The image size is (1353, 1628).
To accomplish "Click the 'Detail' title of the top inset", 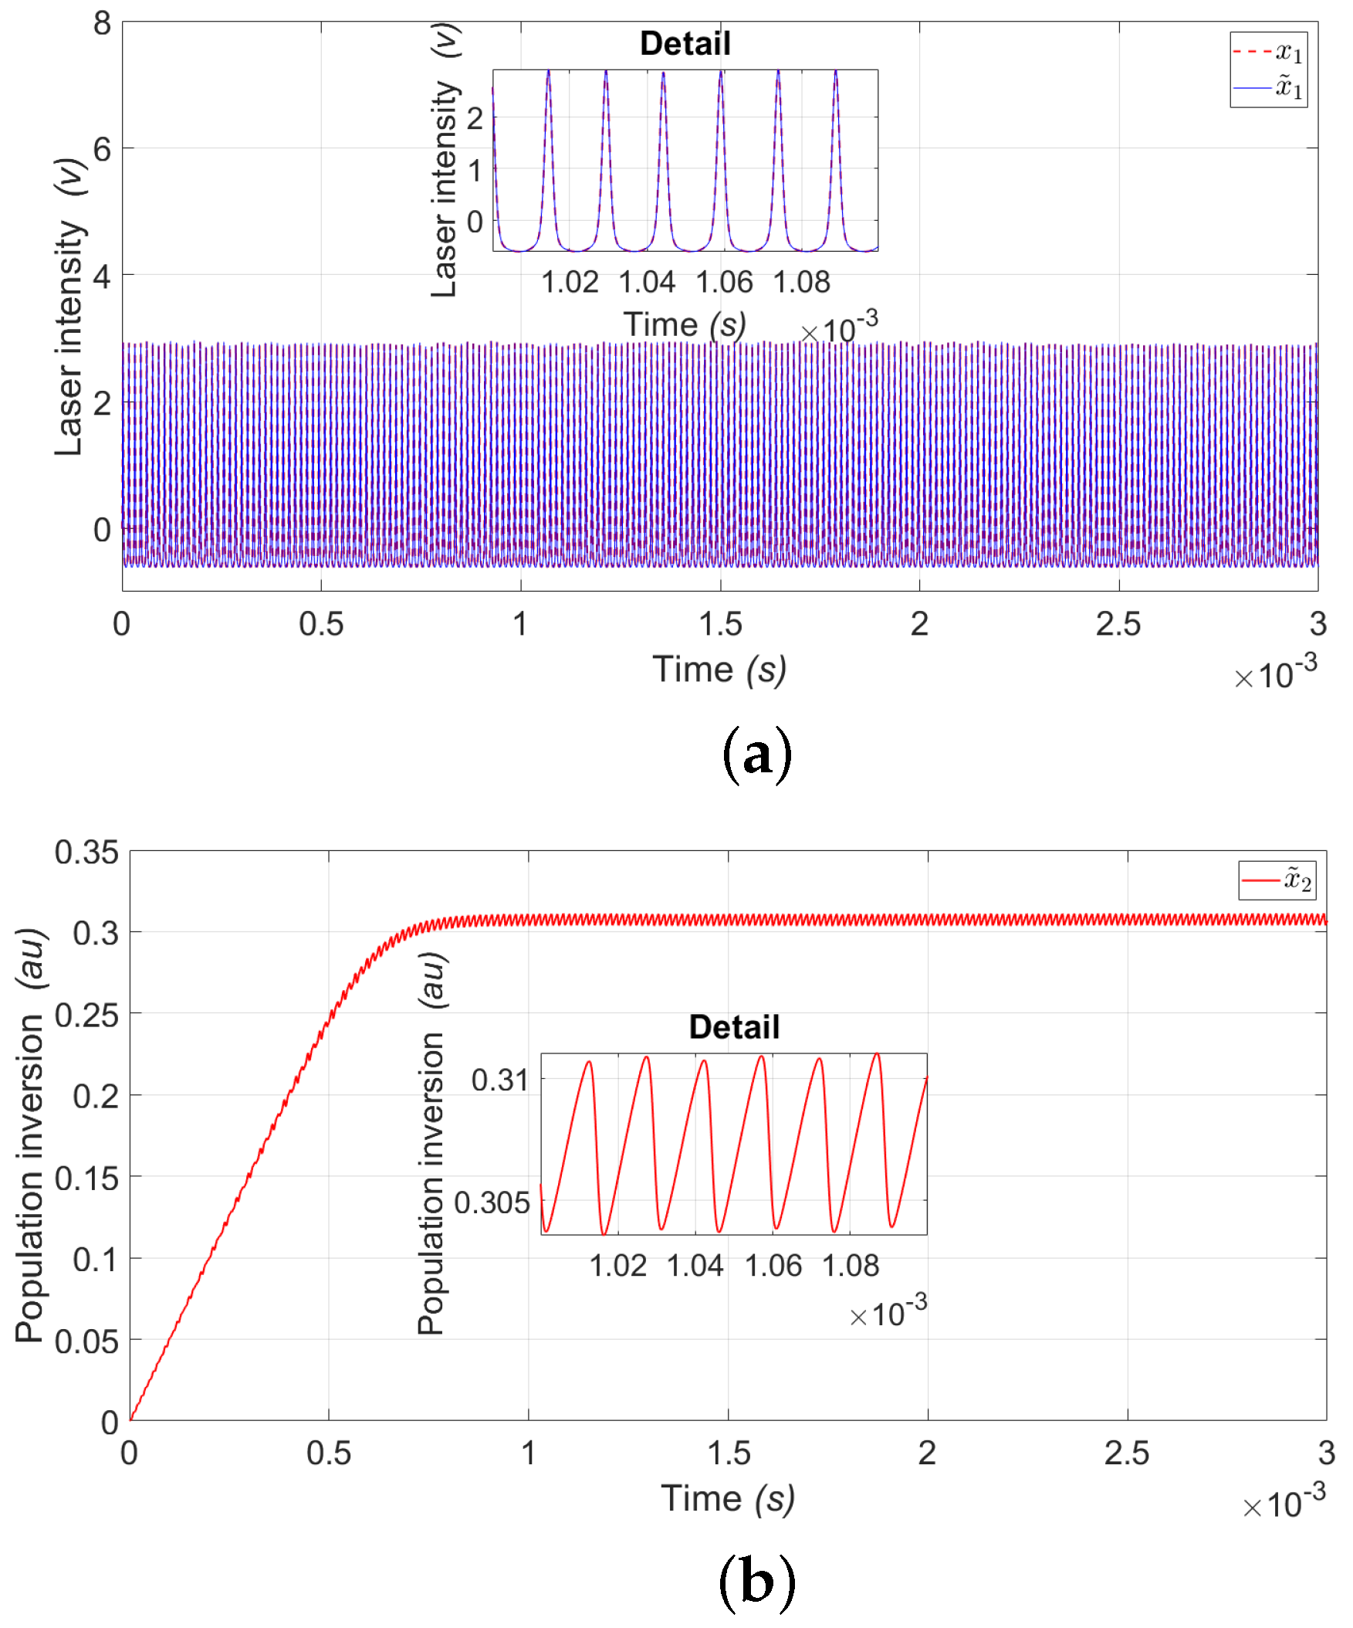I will coord(685,43).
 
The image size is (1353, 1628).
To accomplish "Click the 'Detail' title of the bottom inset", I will coord(734,1027).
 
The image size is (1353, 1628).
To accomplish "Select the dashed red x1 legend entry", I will coord(1269,53).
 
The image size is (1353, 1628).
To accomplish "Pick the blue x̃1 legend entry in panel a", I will coord(1269,87).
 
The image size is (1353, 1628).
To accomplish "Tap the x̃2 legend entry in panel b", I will coord(1277,880).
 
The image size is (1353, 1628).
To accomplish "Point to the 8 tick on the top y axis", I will coord(103,23).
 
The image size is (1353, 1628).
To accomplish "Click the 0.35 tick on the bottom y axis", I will coord(86,852).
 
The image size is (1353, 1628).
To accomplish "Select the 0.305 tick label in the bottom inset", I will coord(492,1202).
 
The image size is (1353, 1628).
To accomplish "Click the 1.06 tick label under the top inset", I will coord(724,282).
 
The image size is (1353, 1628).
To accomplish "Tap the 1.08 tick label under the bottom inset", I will coord(850,1266).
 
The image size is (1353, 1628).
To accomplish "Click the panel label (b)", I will coord(756,1582).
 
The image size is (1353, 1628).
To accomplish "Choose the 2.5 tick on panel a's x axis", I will coord(1118,625).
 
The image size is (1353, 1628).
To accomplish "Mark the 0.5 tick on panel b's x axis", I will coord(329,1453).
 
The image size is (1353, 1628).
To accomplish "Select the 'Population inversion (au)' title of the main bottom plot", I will coord(29,1136).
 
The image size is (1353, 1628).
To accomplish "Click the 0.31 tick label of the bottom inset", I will coord(499,1080).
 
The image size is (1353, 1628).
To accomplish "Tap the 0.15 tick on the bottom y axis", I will coord(86,1179).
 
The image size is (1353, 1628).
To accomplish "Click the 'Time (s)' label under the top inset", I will coord(685,325).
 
